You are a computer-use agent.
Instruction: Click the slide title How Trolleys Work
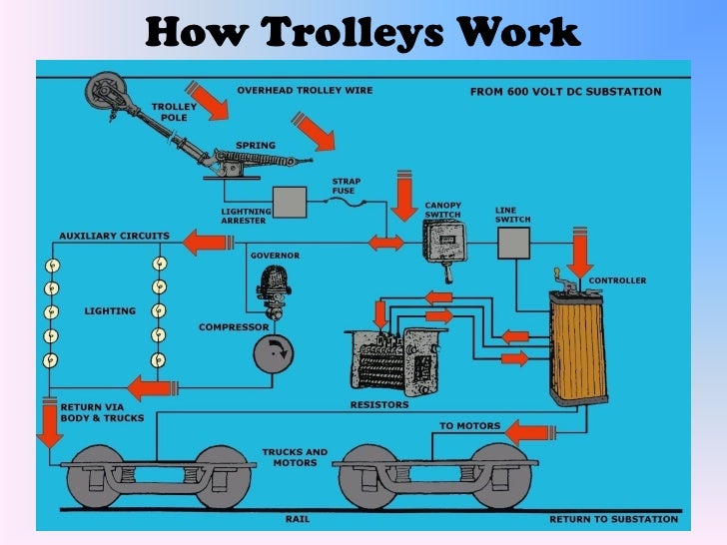[x=363, y=32]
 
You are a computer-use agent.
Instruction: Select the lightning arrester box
[x=290, y=203]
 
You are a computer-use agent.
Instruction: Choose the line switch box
[x=513, y=243]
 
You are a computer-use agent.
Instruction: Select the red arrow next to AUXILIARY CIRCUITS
[x=205, y=241]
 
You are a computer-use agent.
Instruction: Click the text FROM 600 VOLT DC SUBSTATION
[x=565, y=92]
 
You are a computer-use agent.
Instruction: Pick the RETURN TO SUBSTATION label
[x=613, y=519]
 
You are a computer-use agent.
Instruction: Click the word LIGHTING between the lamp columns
[x=109, y=311]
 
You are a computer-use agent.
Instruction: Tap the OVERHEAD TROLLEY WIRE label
[x=305, y=90]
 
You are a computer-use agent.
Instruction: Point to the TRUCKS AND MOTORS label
[x=295, y=457]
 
